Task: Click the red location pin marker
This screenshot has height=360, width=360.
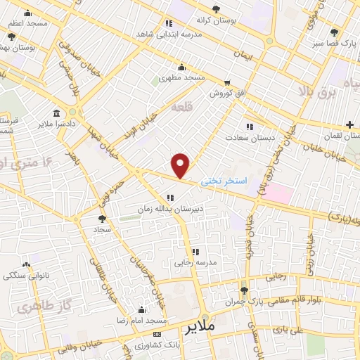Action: click(181, 165)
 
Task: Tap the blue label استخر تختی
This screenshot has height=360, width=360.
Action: click(224, 181)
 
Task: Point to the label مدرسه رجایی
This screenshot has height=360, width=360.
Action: click(193, 262)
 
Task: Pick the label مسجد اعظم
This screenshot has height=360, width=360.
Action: click(28, 23)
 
